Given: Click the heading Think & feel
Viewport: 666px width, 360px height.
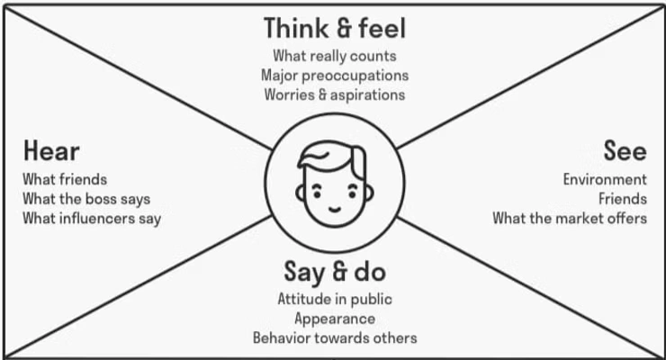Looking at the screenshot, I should tap(334, 29).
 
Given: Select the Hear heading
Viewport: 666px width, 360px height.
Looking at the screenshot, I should tap(51, 150).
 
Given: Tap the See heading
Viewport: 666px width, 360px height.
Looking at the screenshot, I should tap(625, 150).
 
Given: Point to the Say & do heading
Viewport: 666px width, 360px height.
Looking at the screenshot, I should tap(334, 270).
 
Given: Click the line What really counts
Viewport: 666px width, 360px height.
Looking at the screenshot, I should tap(334, 56).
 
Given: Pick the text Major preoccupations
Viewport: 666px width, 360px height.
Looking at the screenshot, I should tap(334, 75).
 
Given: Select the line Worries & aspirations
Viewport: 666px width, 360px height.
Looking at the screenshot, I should tap(334, 94).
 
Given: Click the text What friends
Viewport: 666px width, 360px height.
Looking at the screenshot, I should tap(65, 179).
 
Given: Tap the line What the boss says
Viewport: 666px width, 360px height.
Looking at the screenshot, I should tap(86, 198).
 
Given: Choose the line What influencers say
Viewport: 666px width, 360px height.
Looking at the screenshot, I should tap(92, 217).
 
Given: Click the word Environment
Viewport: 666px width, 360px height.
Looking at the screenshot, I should tap(605, 179).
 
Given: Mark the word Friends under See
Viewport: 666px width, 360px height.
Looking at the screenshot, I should tap(622, 198).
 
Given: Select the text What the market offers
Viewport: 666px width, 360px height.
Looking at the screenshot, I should tap(569, 217).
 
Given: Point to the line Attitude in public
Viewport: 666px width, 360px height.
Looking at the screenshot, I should tap(334, 299).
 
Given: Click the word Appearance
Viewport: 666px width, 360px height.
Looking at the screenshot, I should tap(334, 318).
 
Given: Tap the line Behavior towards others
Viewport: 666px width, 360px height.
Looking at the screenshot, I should tap(334, 337).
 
